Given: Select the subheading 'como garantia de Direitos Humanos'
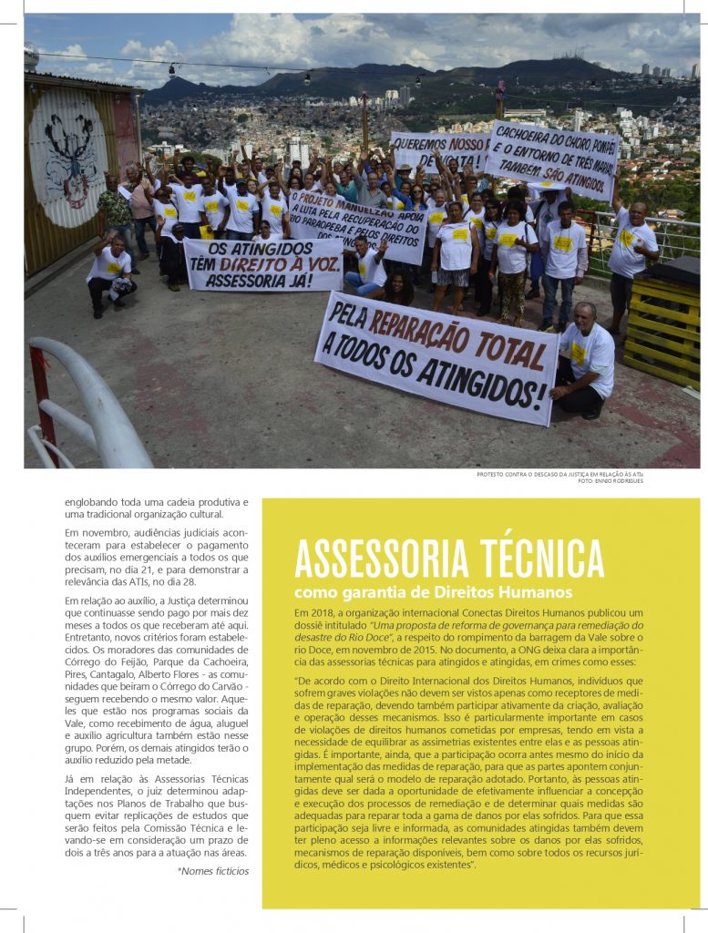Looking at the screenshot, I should [x=433, y=593].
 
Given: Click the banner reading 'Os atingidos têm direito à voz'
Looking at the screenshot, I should [x=262, y=264].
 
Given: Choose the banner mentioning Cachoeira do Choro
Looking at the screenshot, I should [x=551, y=159].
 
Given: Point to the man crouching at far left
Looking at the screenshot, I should [x=111, y=272].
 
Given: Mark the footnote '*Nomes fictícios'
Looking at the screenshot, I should [x=212, y=871].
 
